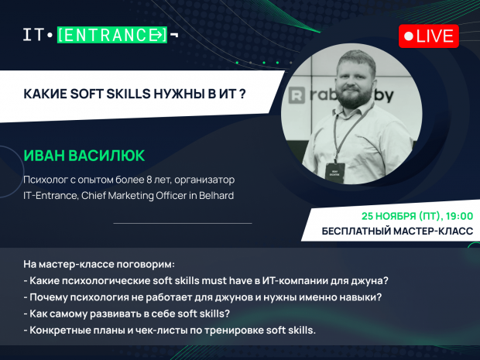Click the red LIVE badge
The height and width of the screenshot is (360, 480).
coord(429,36)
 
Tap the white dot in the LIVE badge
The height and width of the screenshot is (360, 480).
coord(409,36)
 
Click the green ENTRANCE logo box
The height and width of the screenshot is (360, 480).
coord(112,35)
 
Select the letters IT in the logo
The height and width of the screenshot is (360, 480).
coord(33,35)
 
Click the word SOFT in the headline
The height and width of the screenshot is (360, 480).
coord(87,94)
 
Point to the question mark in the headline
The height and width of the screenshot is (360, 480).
coord(242,94)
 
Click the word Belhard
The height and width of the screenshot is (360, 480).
coord(217,195)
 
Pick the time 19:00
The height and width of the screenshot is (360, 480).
coord(459,216)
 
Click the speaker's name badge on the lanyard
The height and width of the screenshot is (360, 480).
coord(335,173)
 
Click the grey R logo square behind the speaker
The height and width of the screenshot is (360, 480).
coord(297,95)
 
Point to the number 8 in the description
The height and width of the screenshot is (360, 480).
coord(149,180)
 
